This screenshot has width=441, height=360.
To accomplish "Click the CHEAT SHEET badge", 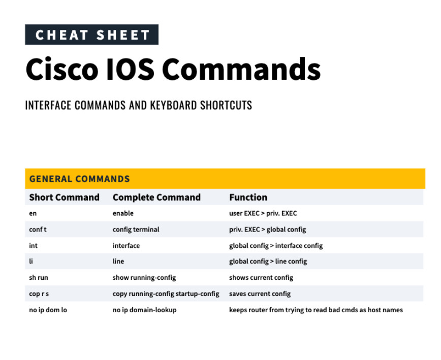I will pos(91,35).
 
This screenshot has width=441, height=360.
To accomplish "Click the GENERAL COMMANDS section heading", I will pos(79,179).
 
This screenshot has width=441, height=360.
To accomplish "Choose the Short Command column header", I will pos(64,198).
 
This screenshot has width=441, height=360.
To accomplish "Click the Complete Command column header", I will pos(156,198).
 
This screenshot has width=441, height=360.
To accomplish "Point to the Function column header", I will pos(248,198).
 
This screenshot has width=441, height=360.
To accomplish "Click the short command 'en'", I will pos(33,214).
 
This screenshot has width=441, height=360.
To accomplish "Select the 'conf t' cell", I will pos(38,230).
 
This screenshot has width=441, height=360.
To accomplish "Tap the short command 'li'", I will pos(31,261).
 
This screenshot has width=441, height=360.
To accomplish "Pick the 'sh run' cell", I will pos(39,278).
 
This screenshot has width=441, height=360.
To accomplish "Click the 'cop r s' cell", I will pos(39,294).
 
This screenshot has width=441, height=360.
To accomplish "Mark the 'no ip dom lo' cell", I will pos(48,310).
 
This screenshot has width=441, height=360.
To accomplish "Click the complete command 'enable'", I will pos(123,214).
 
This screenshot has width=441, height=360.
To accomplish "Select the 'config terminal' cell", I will pos(136,230).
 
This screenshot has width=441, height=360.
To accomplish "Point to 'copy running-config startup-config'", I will pos(166,294).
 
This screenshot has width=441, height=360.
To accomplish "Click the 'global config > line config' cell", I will pos(268,261).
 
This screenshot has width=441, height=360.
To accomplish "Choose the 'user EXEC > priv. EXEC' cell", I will pos(263,214).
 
